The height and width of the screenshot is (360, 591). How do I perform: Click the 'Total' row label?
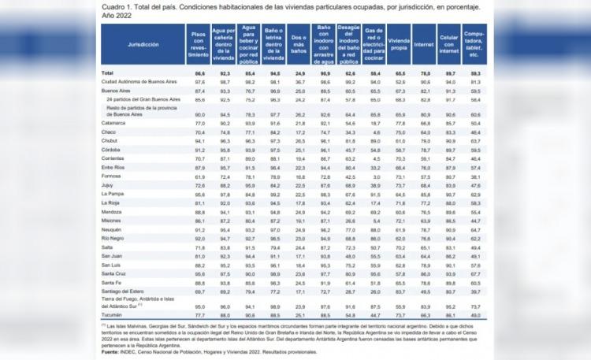pyautogui.click(x=107, y=73)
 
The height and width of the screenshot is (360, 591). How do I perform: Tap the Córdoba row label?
pyautogui.click(x=113, y=149)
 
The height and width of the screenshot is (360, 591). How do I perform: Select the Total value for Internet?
pyautogui.click(x=424, y=73)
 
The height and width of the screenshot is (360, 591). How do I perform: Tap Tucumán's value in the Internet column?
pyautogui.click(x=424, y=314)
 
